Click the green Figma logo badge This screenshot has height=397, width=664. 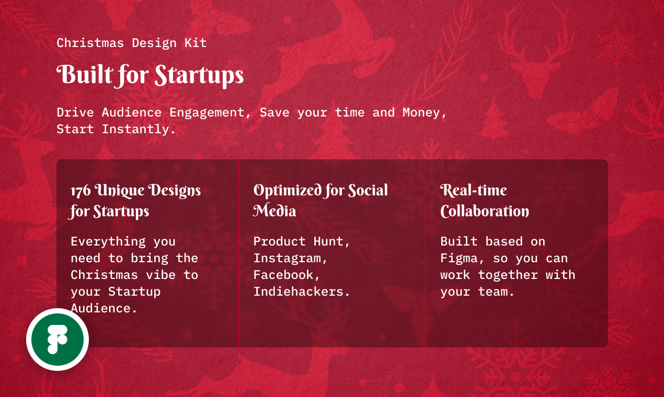58,340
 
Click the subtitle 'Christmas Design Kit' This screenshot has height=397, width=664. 132,43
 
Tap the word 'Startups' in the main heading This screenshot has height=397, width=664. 199,76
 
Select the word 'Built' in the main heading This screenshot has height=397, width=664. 84,75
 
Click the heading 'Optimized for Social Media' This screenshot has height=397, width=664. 320,201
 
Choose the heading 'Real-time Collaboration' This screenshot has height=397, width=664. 484,201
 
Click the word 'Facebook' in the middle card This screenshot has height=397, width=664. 283,275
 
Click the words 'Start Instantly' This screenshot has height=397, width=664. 116,129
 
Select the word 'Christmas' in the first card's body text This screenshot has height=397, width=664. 104,275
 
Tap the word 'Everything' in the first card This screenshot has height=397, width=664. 108,241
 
